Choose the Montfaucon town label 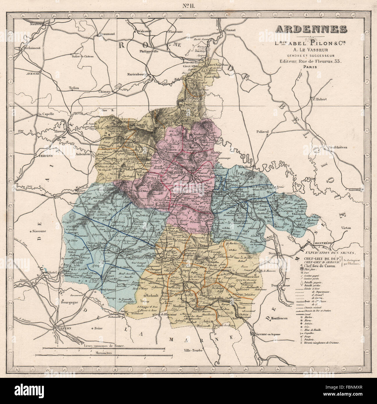tap(279, 318)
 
